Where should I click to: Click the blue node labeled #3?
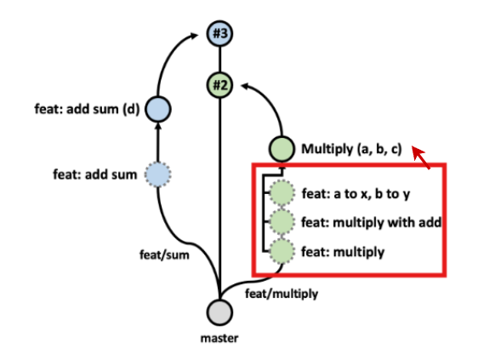[220, 34]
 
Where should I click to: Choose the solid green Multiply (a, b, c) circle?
[282, 149]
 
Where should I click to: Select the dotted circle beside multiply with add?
[282, 223]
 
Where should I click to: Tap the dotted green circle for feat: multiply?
[282, 251]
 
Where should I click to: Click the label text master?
[219, 339]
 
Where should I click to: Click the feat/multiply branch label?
[282, 294]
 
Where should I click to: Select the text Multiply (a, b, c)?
[350, 149]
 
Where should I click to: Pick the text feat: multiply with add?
[369, 223]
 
